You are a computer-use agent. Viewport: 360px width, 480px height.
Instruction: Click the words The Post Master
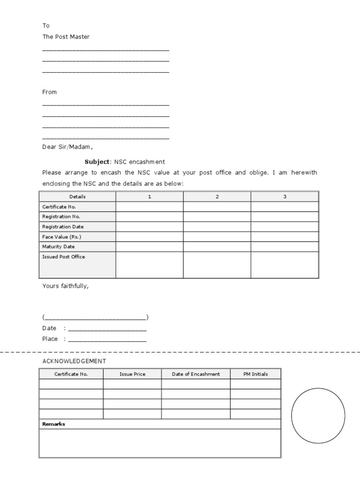coord(66,37)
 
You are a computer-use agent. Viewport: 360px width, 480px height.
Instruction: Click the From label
coord(49,92)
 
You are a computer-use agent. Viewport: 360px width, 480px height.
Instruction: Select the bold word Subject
coord(97,162)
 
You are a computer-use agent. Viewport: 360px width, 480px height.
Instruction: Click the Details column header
coord(77,196)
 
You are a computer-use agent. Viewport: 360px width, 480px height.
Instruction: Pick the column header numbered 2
coord(217,196)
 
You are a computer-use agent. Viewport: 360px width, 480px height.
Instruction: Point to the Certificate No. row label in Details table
coord(59,207)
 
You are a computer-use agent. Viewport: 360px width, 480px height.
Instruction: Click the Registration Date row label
coord(63,226)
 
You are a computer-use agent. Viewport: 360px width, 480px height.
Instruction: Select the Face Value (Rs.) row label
coord(61,237)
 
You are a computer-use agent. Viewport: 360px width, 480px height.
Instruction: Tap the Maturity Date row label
coord(59,247)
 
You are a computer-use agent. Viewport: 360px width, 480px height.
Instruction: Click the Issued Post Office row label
coord(64,257)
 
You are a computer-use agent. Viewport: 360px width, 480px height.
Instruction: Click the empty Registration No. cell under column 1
coord(150,217)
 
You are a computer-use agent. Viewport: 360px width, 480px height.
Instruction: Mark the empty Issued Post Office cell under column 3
coord(285,265)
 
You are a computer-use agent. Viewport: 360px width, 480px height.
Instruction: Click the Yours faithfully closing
coord(65,285)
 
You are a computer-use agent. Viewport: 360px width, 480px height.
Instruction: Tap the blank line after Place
coord(107,339)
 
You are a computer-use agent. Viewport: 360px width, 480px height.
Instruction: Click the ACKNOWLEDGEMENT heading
coord(74,361)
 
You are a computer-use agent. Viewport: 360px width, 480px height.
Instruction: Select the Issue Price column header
coord(132,374)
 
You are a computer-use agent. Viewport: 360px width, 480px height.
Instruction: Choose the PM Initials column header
coord(255,374)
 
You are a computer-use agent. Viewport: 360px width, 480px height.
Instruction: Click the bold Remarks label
coord(54,424)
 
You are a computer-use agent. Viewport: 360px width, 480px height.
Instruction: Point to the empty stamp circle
coord(318,415)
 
